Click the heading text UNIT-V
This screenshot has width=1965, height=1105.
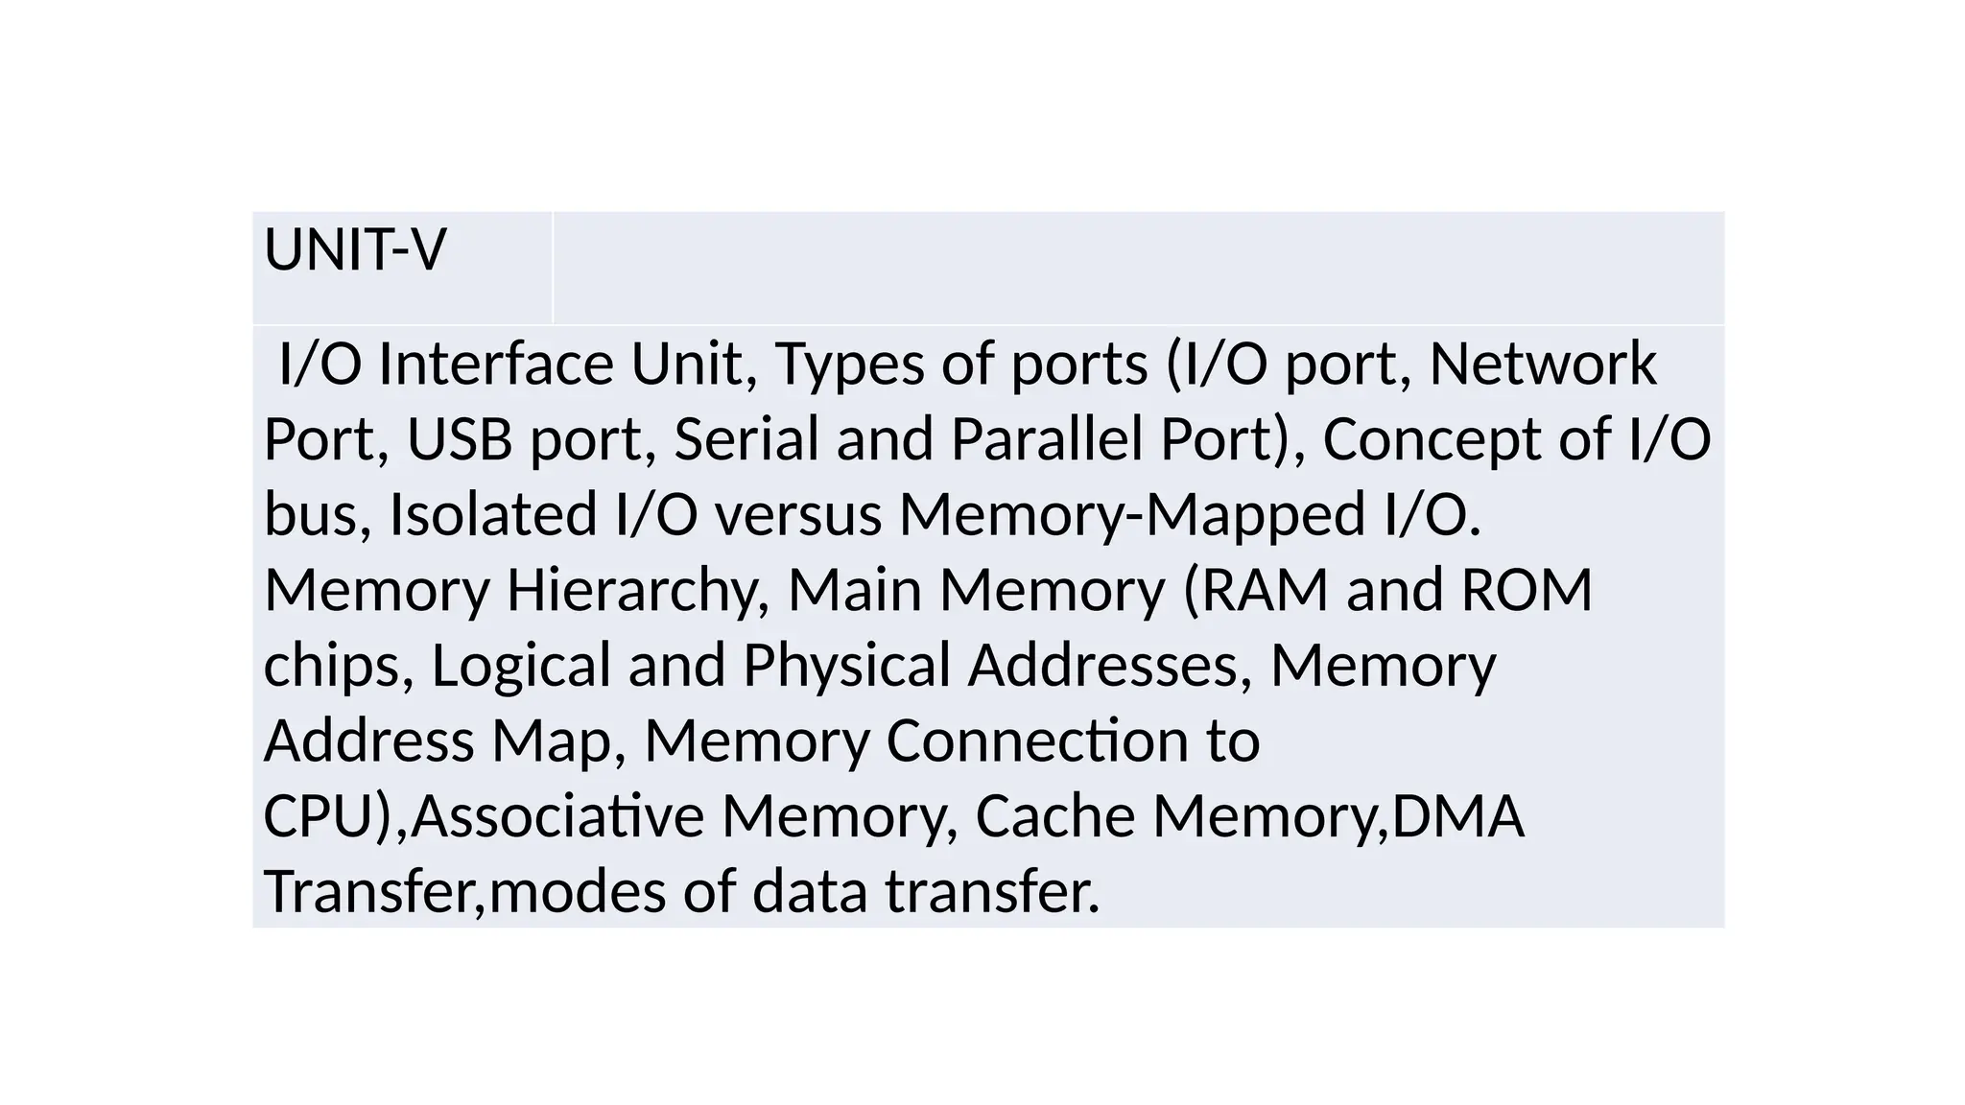tap(354, 250)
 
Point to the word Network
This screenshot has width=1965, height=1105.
tap(1542, 364)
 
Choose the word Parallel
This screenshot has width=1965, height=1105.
tap(1046, 439)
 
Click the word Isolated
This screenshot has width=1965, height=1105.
tap(492, 514)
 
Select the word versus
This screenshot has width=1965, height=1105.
tap(797, 514)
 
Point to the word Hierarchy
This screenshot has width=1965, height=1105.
tap(632, 590)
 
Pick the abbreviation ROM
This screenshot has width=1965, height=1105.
tap(1526, 590)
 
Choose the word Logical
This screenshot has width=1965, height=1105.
tap(521, 665)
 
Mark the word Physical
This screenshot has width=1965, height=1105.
tap(846, 665)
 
